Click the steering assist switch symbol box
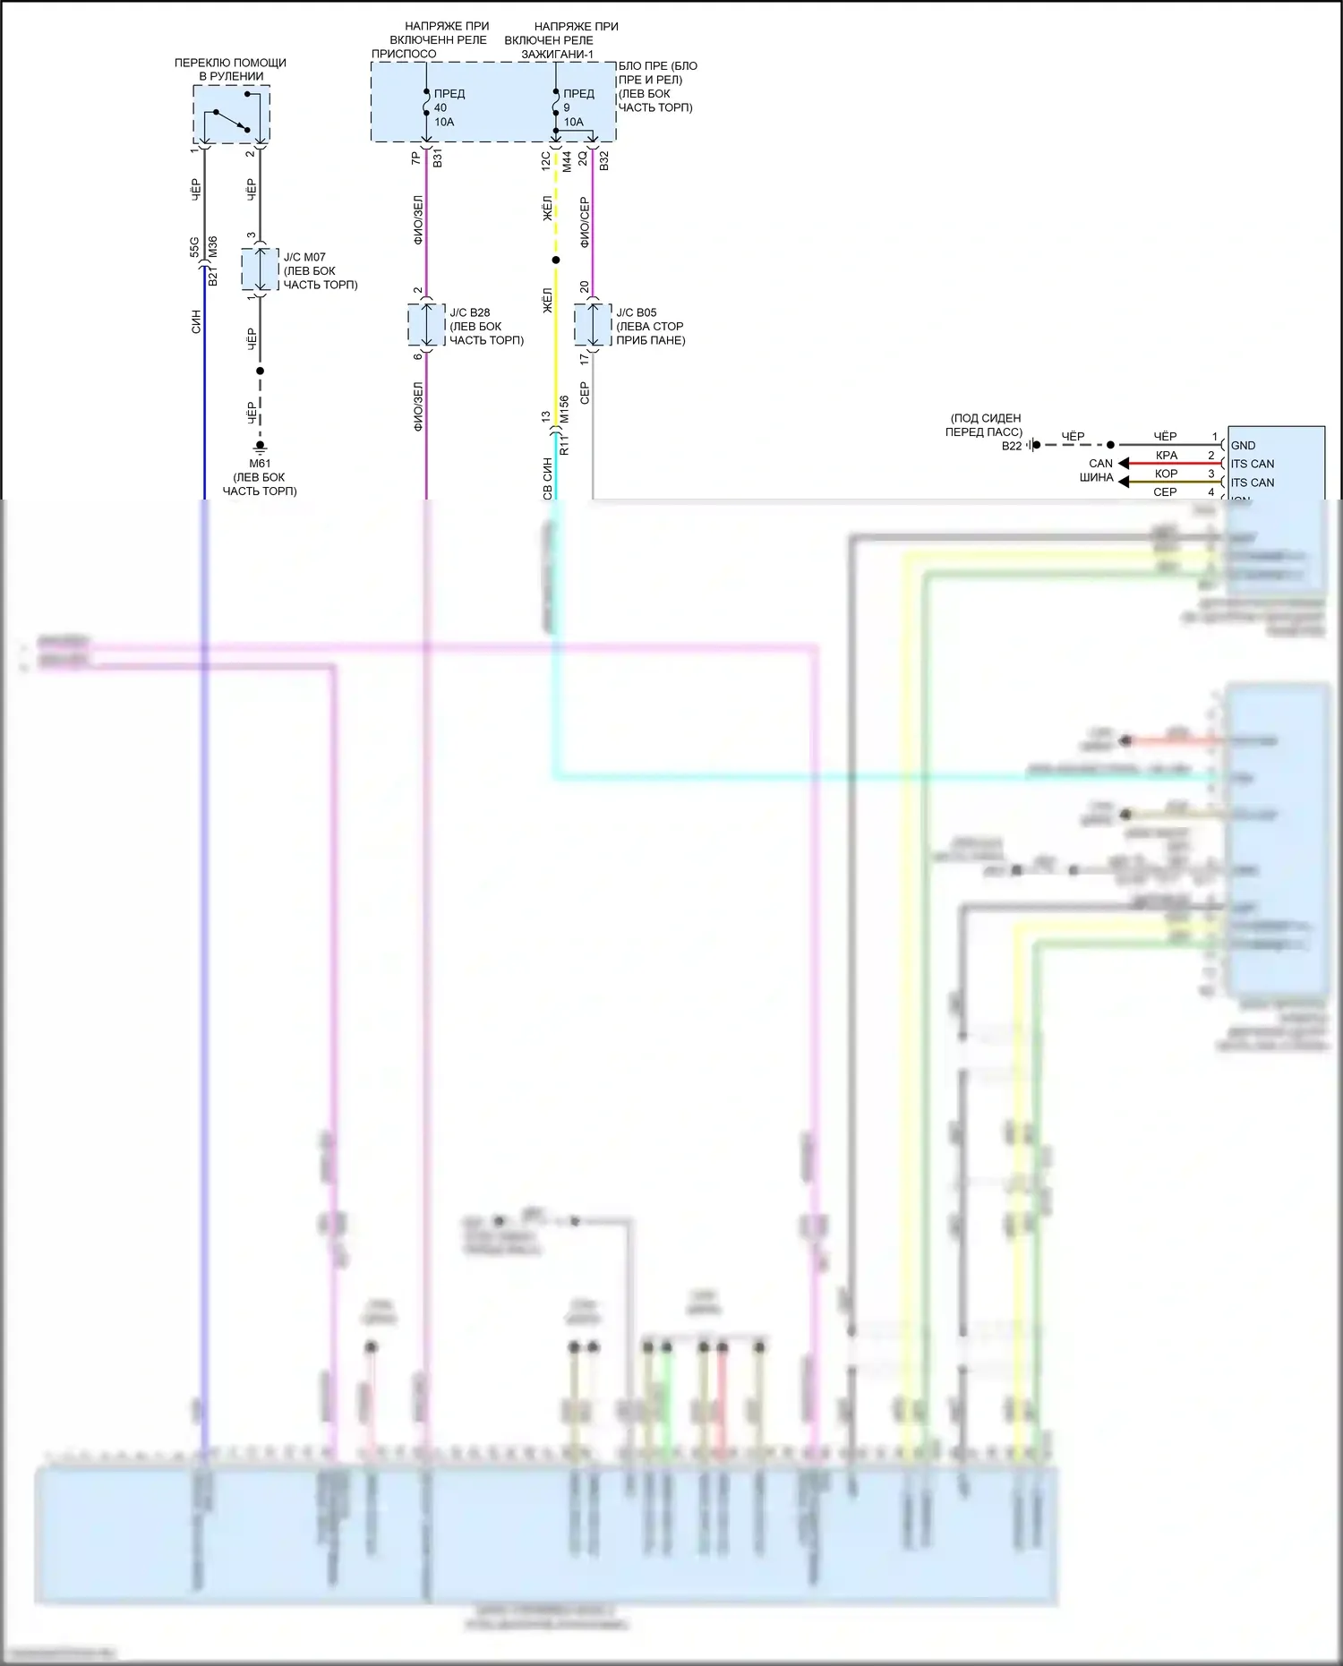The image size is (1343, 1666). coord(231,115)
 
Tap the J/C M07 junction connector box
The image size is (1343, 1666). coord(261,269)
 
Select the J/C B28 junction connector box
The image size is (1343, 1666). coord(426,325)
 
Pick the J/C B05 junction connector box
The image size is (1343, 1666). coord(593,325)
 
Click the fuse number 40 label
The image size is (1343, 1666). coord(441,107)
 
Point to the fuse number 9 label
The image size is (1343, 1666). coord(567,107)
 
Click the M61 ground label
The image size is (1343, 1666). coord(260,463)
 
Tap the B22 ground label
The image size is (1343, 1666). coord(1012,446)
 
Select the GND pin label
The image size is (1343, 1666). coord(1243,446)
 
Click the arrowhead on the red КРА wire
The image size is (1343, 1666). coord(1124,464)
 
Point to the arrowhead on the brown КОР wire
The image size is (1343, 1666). coord(1124,483)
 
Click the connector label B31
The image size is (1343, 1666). coord(438,159)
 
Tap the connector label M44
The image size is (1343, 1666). coord(567,161)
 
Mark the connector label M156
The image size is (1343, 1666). coord(564,409)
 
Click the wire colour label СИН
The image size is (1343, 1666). coord(196,322)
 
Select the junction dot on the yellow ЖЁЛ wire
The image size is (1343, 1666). coord(556,261)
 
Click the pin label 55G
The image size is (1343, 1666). coord(195,247)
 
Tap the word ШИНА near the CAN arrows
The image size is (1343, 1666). coord(1096,478)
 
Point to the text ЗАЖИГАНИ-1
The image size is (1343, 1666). coord(558,54)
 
